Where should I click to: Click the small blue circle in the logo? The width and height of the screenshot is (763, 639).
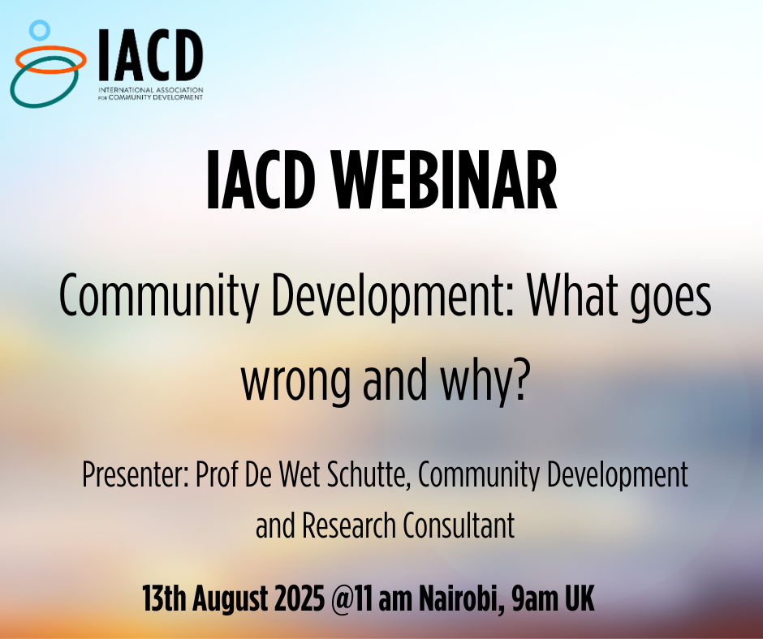pyautogui.click(x=39, y=31)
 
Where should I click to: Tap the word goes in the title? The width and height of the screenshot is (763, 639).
pyautogui.click(x=670, y=302)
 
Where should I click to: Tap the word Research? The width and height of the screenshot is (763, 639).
pyautogui.click(x=353, y=526)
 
